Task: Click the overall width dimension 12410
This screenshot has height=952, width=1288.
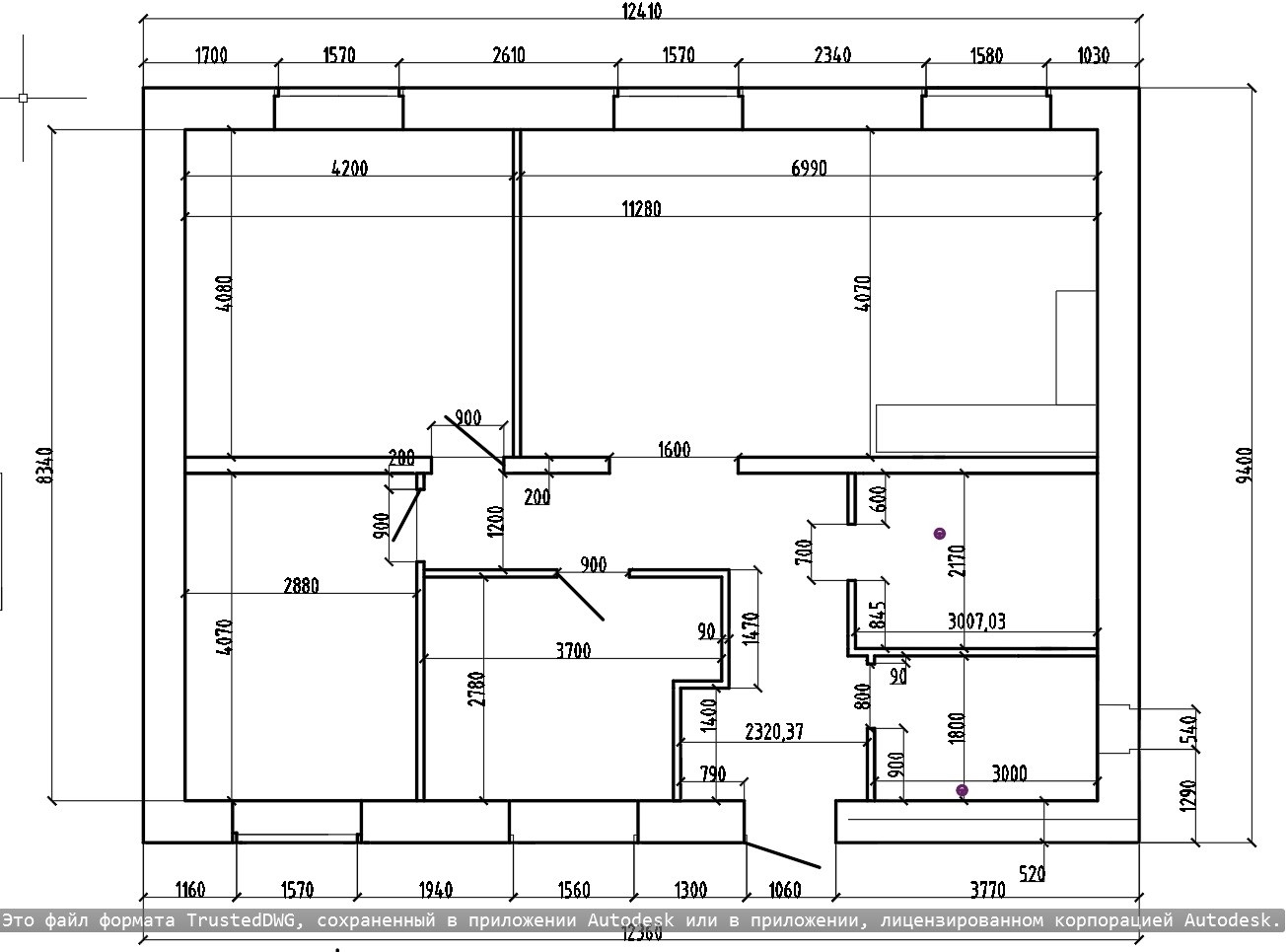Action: pos(641,12)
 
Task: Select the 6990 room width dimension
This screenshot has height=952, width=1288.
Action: pos(809,168)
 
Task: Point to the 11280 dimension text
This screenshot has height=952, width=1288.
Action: pos(641,208)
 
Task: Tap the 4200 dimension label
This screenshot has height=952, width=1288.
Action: pos(349,168)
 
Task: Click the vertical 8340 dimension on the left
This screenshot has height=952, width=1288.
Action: pos(43,465)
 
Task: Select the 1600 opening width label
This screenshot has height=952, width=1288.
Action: pos(674,450)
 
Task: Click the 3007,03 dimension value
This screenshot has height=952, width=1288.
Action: pos(976,622)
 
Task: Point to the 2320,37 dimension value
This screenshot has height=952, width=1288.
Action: pos(774,732)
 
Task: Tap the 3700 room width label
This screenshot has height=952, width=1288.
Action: pos(573,650)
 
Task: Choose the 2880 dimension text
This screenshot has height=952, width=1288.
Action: pos(301,585)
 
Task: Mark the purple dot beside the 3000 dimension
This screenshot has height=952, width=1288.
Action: pos(963,790)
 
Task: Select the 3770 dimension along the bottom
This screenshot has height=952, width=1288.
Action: pos(987,890)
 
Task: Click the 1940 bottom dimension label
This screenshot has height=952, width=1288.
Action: pos(435,890)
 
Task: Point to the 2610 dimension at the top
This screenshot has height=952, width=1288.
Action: pos(508,55)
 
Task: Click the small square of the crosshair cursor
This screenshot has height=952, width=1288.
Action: pos(23,98)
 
